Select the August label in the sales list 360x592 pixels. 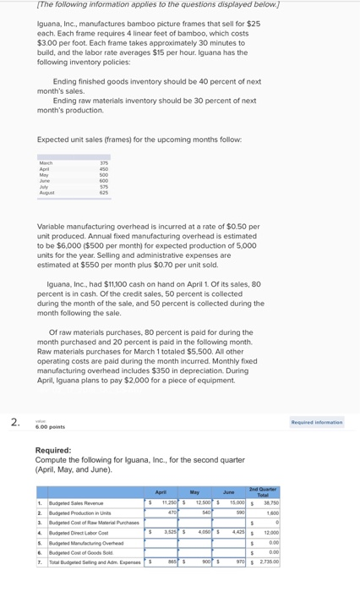46,193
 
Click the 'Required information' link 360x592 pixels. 317,422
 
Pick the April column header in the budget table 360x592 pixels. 161,491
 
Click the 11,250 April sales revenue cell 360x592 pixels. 166,502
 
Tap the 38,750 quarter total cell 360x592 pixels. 270,502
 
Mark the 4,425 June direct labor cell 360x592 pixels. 235,532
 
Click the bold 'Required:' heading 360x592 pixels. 53,451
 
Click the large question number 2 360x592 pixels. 14,423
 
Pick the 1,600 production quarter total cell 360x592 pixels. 271,513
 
